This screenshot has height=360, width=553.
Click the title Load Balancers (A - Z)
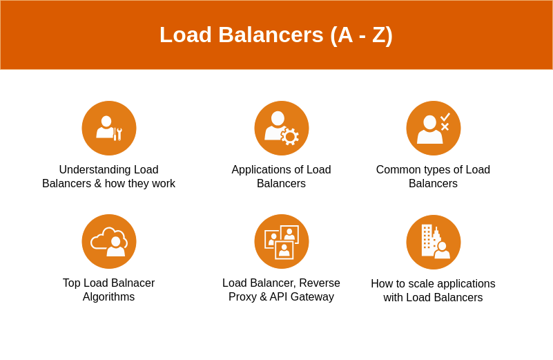pyautogui.click(x=276, y=35)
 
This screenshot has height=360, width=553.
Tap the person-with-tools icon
pyautogui.click(x=109, y=128)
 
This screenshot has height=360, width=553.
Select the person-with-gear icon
pyautogui.click(x=282, y=128)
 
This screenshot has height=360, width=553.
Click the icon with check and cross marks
pyautogui.click(x=434, y=128)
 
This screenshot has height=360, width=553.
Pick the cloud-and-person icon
pyautogui.click(x=109, y=241)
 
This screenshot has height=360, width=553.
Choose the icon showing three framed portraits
pyautogui.click(x=282, y=241)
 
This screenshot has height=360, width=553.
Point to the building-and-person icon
pyautogui.click(x=434, y=242)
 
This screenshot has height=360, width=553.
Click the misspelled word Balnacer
pyautogui.click(x=131, y=283)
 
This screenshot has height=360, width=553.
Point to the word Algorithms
pyautogui.click(x=108, y=297)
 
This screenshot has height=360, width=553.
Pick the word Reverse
pyautogui.click(x=318, y=283)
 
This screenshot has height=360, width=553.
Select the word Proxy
pyautogui.click(x=243, y=297)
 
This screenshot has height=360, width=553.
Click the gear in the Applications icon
pyautogui.click(x=290, y=137)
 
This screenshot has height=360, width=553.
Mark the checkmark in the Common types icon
pyautogui.click(x=445, y=117)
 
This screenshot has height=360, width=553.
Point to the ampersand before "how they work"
pyautogui.click(x=98, y=184)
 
